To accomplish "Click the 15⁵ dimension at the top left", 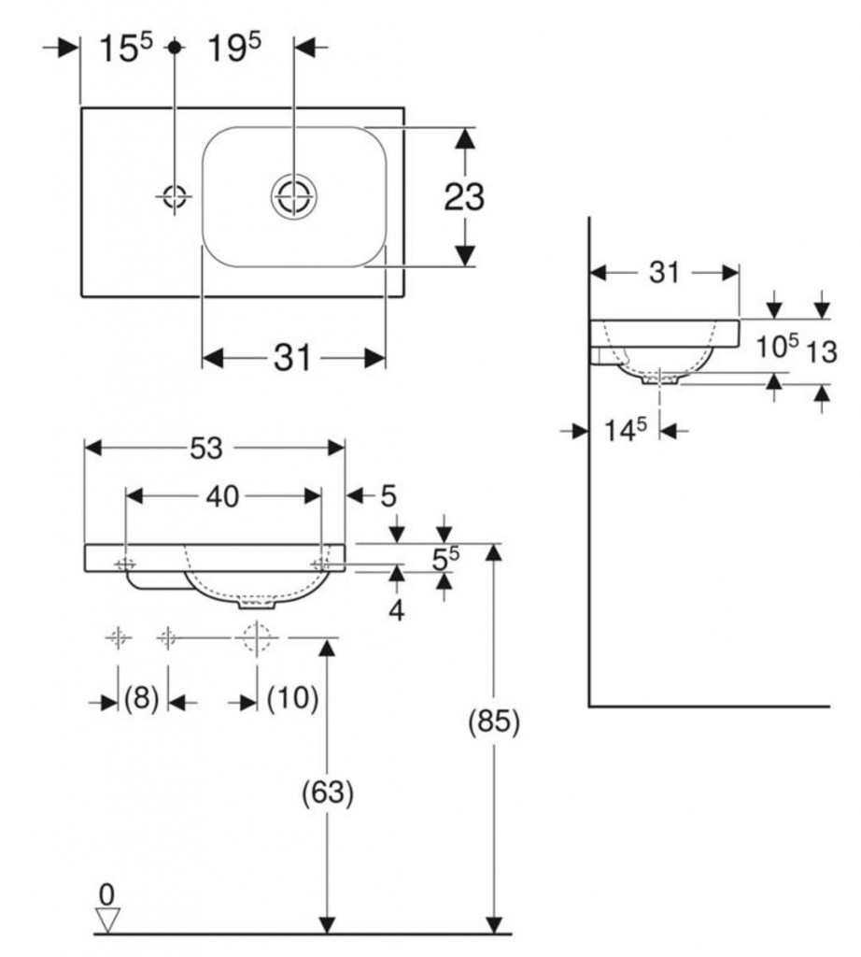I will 126,50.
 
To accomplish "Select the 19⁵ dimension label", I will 233,50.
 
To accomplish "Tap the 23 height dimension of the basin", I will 464,197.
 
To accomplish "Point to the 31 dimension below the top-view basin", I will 292,358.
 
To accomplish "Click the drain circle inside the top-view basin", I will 294,197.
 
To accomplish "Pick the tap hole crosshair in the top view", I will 175,196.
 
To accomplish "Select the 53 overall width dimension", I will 206,450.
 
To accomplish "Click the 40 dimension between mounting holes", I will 222,497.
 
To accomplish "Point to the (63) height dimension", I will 327,793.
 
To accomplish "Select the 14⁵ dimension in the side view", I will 624,431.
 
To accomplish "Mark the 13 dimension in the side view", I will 822,351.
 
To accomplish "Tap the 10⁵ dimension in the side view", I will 777,348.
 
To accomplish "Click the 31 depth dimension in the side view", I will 664,272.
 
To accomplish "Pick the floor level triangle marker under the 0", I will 108,921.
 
